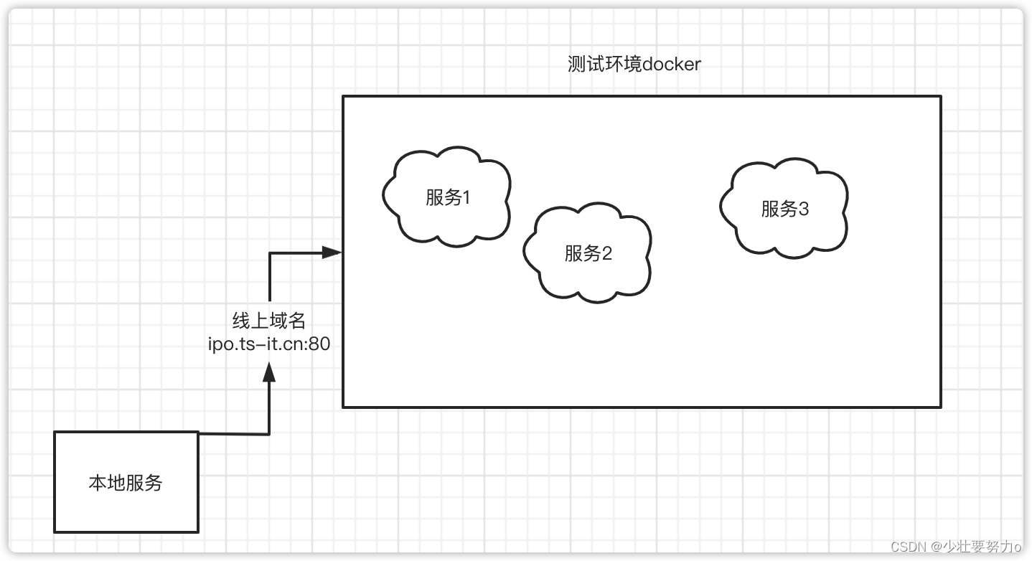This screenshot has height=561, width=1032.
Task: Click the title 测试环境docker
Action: [x=634, y=65]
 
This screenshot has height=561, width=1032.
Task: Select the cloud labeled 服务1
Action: [x=446, y=197]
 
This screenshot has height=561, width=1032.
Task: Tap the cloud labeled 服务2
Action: [x=587, y=253]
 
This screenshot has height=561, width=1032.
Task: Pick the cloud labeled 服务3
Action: [x=784, y=208]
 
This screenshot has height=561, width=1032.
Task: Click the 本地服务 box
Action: [x=126, y=482]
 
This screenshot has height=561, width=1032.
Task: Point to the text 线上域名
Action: [x=269, y=321]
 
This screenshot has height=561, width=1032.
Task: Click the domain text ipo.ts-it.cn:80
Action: [x=269, y=344]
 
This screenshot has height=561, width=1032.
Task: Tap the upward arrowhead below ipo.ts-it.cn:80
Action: [x=269, y=372]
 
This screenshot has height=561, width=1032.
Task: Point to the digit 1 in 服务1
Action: [x=466, y=197]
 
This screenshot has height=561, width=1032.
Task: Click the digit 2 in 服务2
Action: [x=607, y=253]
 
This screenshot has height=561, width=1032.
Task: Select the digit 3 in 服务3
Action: [x=803, y=209]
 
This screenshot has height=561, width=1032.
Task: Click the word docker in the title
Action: [x=672, y=65]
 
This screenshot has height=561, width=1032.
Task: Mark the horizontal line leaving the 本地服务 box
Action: [x=233, y=433]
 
